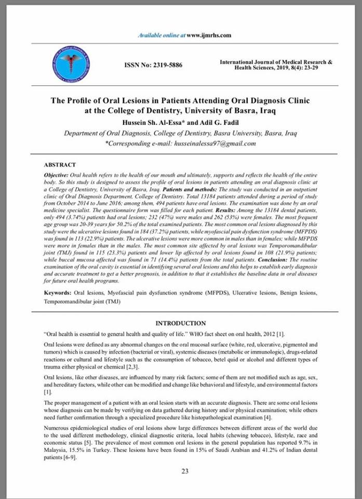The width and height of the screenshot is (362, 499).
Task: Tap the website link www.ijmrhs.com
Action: (x=208, y=35)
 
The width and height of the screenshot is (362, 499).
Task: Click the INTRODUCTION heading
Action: (x=181, y=323)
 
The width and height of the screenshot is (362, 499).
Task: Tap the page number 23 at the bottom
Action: (x=184, y=471)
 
